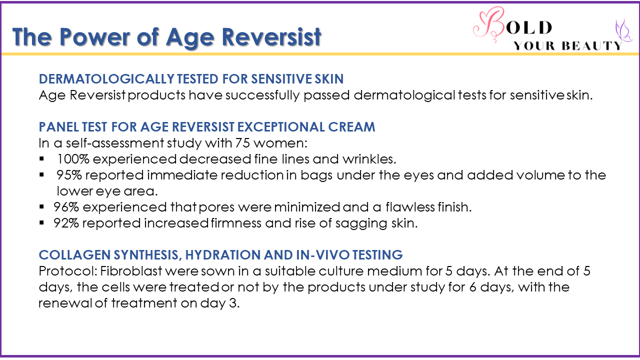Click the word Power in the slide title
tap(95, 37)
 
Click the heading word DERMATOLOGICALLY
tap(106, 79)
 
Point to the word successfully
tap(262, 95)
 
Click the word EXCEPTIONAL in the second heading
tap(281, 127)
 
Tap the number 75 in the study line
tap(243, 143)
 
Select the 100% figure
tap(73, 159)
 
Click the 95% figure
tap(69, 175)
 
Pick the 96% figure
tap(66, 207)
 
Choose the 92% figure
tap(66, 223)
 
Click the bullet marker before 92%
tap(41, 222)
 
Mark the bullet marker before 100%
tap(41, 158)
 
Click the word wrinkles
tap(369, 159)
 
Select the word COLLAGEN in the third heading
tap(74, 255)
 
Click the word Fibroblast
tap(131, 271)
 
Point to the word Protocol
tap(68, 271)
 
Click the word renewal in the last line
tap(65, 303)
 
